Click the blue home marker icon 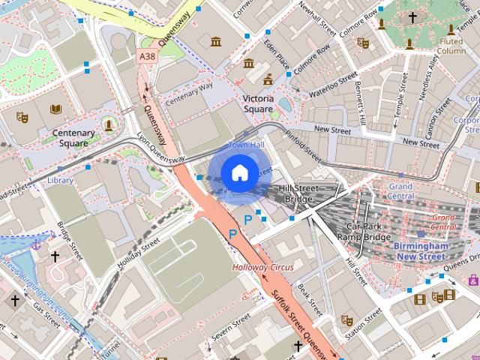pyautogui.click(x=238, y=173)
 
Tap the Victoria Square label pyautogui.click(x=258, y=103)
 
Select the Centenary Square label pyautogui.click(x=73, y=138)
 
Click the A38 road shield pyautogui.click(x=147, y=56)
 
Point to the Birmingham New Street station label pyautogui.click(x=421, y=251)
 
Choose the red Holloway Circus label pyautogui.click(x=262, y=267)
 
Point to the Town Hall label pyautogui.click(x=246, y=145)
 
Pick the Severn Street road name pyautogui.click(x=231, y=328)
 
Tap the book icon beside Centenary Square pyautogui.click(x=55, y=109)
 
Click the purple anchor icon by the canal pyautogui.click(x=34, y=244)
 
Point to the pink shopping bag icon pyautogui.click(x=473, y=280)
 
